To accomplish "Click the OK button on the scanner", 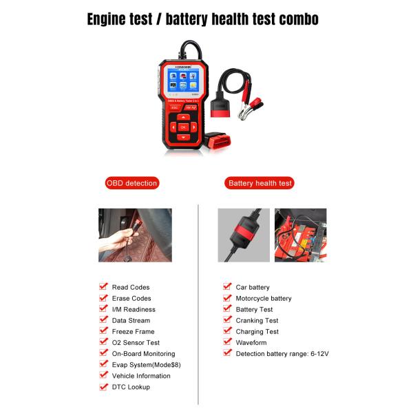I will pyautogui.click(x=183, y=127).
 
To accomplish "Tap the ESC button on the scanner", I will pyautogui.click(x=174, y=107).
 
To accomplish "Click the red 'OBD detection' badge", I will pyautogui.click(x=131, y=183).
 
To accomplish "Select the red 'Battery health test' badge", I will pyautogui.click(x=260, y=183).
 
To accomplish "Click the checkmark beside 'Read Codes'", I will pyautogui.click(x=103, y=286).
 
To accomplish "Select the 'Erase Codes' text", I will pyautogui.click(x=131, y=298).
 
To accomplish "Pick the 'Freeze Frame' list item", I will pyautogui.click(x=133, y=331).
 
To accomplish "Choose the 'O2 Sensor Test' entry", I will pyautogui.click(x=136, y=342).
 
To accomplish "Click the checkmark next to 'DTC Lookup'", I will pyautogui.click(x=103, y=386).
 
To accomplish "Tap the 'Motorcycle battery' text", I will pyautogui.click(x=264, y=298).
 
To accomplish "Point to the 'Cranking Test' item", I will pyautogui.click(x=257, y=320).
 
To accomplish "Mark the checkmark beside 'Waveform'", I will pyautogui.click(x=227, y=341).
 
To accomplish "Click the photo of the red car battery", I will pyautogui.click(x=300, y=235).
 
